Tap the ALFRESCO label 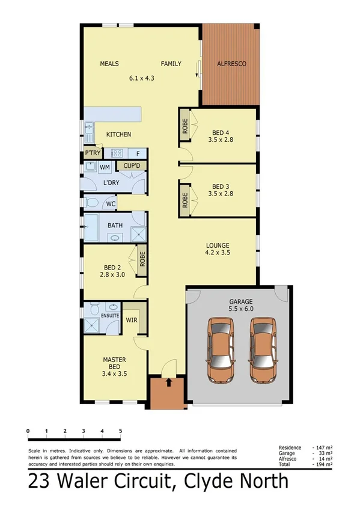tap(231, 63)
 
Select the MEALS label tap(109, 63)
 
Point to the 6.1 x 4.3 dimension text tap(142, 78)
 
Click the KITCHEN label tap(118, 134)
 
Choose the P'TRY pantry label tap(92, 153)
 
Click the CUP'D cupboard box tap(131, 166)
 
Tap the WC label tap(111, 204)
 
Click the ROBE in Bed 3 tap(185, 198)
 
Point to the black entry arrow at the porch tap(169, 382)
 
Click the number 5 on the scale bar tap(121, 431)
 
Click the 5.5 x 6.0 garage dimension tap(240, 310)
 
